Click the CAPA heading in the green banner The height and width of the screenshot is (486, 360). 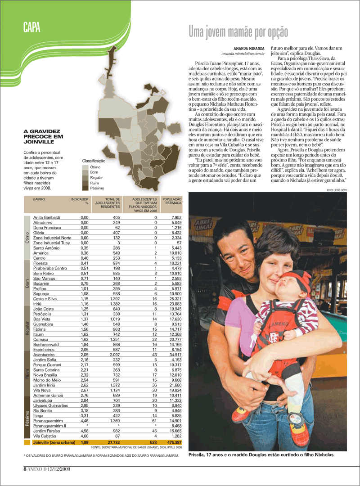32,28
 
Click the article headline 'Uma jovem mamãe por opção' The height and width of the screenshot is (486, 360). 238,31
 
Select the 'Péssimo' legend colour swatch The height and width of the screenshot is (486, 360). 85,189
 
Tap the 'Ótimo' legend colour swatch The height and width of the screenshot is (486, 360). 85,167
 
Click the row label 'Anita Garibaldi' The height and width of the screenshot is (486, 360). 47,217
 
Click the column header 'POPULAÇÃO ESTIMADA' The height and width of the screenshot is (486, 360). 172,201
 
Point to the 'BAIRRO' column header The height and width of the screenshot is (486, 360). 39,198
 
